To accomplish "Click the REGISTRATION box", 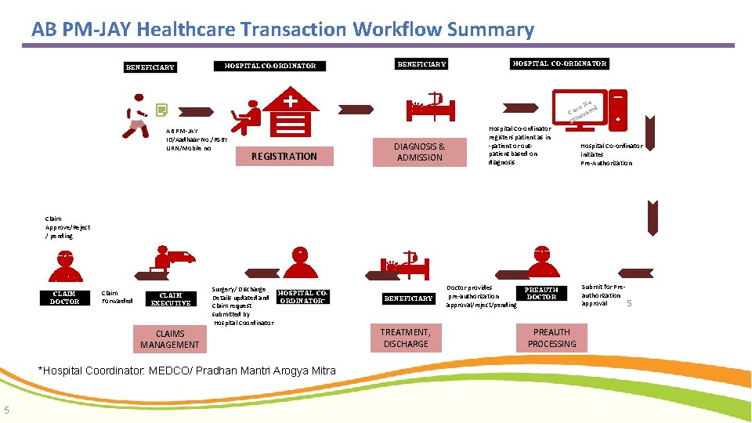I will tap(284, 156).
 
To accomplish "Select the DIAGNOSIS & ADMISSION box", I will tap(419, 152).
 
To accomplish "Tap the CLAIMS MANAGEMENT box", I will tap(169, 339).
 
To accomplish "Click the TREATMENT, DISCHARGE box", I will tap(405, 338).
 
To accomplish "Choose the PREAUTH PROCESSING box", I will tap(551, 338).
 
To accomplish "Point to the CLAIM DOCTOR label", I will tap(64, 298).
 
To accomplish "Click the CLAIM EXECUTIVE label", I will tap(170, 299).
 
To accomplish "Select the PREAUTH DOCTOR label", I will tap(540, 294).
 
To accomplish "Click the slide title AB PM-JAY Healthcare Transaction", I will tap(282, 30).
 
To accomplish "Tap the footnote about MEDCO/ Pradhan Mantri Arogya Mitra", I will tap(187, 371).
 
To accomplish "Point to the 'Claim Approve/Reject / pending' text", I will tap(68, 227).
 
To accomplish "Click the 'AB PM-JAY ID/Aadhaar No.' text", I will tap(188, 139).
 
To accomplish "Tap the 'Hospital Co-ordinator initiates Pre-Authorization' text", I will tap(611, 154).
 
